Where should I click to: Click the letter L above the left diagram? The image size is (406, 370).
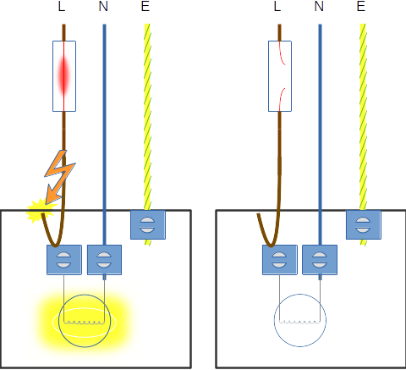[x=62, y=6]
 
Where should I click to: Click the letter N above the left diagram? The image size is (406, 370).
[x=103, y=6]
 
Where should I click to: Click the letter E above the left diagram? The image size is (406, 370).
[x=145, y=6]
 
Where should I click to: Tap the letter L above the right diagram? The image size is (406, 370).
[x=277, y=6]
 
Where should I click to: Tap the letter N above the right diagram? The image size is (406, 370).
[x=319, y=6]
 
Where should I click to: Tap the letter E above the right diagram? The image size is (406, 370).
[x=361, y=6]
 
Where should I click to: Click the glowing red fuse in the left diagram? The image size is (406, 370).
[x=64, y=76]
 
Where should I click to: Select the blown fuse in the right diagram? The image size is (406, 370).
[x=280, y=76]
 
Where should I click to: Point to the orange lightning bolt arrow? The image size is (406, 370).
[x=59, y=177]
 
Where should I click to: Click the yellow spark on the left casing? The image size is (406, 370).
[x=41, y=210]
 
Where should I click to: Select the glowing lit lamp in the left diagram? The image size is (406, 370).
[x=85, y=321]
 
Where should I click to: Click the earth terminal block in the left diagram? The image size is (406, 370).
[x=148, y=224]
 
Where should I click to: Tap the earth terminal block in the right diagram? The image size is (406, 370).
[x=364, y=224]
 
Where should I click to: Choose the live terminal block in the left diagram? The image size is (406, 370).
[x=64, y=260]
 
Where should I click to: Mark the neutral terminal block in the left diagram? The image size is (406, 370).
[x=104, y=260]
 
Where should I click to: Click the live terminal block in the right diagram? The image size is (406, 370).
[x=280, y=260]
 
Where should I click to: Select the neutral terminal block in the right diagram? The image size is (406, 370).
[x=320, y=260]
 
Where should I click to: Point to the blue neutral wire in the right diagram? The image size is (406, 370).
[x=320, y=135]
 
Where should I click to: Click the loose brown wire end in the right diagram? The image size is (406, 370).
[x=258, y=214]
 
